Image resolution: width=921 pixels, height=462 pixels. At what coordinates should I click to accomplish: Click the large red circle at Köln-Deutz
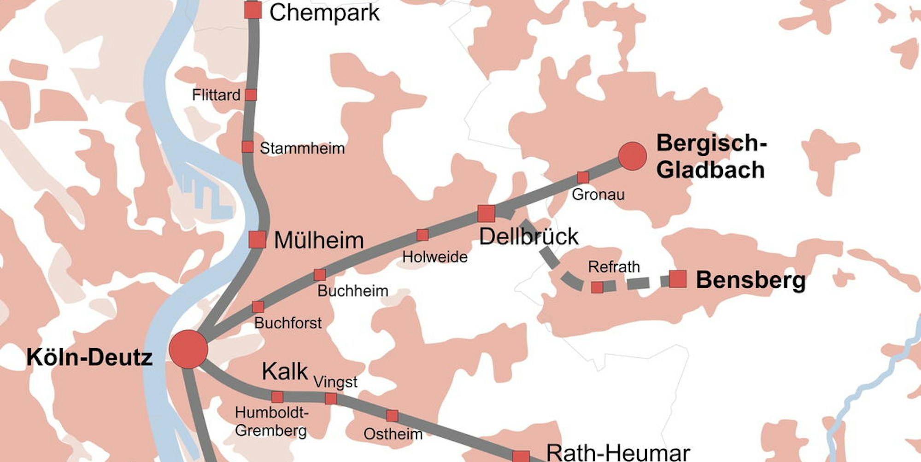point(188,349)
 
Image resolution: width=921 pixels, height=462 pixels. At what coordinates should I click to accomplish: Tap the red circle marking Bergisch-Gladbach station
point(632,156)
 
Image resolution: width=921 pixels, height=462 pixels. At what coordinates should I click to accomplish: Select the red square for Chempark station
point(252,10)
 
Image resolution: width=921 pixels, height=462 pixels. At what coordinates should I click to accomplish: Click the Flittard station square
point(251,95)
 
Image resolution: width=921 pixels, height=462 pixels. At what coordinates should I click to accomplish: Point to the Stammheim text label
point(302,148)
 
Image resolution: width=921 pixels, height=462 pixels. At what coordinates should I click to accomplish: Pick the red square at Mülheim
point(257,240)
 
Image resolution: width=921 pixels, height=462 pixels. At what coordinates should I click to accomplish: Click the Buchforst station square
point(258,307)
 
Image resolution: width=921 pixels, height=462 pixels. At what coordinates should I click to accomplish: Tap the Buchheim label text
point(352,291)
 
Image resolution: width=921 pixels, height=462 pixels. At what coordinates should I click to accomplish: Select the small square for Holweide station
point(422,235)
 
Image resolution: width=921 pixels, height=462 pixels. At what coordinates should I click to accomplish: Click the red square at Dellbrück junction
point(486,213)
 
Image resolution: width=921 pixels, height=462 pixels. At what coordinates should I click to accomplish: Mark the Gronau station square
point(583,177)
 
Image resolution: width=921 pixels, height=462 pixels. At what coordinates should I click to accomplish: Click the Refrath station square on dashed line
point(597,287)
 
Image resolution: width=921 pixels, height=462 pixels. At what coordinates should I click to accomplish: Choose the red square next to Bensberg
point(677,279)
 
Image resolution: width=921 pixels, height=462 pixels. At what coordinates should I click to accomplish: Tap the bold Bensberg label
point(751,280)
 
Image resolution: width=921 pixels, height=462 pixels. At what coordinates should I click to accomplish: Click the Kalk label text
point(285,371)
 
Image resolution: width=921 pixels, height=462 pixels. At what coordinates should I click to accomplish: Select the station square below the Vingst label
point(331,398)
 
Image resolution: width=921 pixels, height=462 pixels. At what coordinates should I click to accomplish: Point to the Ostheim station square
point(392,415)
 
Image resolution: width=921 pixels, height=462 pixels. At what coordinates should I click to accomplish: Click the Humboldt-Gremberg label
point(271,421)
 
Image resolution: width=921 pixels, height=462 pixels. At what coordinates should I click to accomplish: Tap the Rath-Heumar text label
point(618,453)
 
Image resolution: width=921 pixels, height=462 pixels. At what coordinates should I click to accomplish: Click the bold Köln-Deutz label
point(89,357)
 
